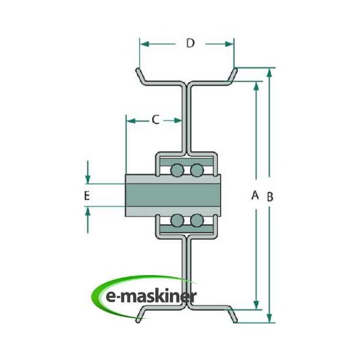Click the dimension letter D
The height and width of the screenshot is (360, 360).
tap(189, 43)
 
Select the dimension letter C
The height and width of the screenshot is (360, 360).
tap(155, 120)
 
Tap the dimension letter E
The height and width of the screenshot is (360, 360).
tap(87, 195)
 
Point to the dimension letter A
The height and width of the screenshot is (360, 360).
tap(256, 195)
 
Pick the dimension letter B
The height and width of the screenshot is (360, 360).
tap(269, 197)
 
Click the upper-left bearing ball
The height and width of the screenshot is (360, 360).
tap(177, 171)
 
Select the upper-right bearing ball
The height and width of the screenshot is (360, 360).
tap(197, 171)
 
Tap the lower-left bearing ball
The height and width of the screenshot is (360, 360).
tap(177, 221)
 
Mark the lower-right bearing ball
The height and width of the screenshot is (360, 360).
tap(197, 221)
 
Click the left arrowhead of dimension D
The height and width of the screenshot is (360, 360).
tap(144, 44)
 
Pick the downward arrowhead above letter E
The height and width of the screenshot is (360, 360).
tap(87, 179)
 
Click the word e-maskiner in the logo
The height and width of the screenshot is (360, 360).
tap(149, 297)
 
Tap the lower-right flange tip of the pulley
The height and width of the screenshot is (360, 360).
tap(235, 320)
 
